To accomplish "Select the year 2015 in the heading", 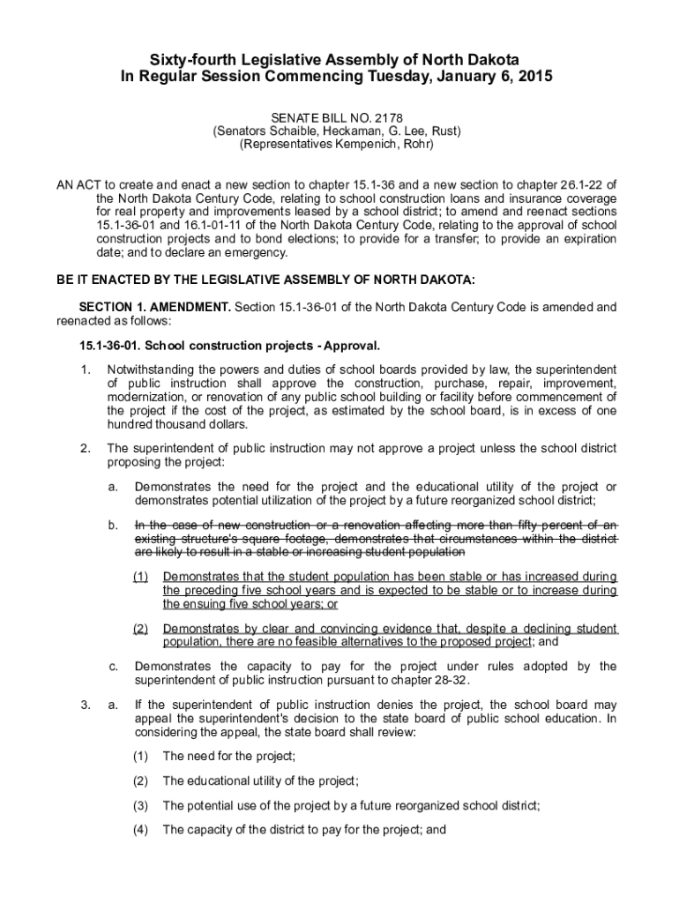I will pyautogui.click(x=533, y=77).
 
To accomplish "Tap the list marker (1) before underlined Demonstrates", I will pyautogui.click(x=141, y=577).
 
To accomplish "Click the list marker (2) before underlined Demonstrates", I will pyautogui.click(x=141, y=629).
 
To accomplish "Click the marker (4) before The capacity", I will pyautogui.click(x=141, y=829).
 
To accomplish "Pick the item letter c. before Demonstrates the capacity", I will pyautogui.click(x=113, y=667).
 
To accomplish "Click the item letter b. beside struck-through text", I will pyautogui.click(x=113, y=526).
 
